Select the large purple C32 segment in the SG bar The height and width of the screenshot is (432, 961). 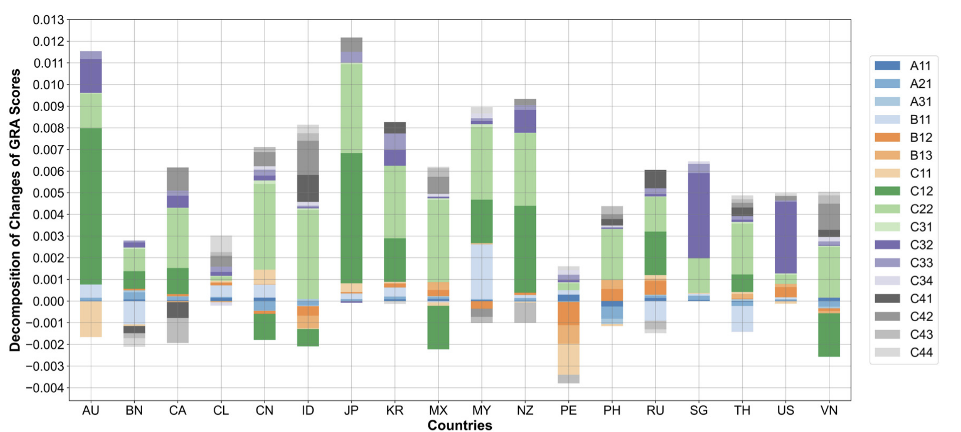[699, 216]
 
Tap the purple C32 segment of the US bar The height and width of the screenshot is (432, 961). [786, 237]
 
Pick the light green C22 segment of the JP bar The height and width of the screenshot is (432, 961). [351, 108]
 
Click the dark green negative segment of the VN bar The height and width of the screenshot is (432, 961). [829, 335]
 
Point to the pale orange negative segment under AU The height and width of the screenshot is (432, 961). [91, 319]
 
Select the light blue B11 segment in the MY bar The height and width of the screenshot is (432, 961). [482, 271]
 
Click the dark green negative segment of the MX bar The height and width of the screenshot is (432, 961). [438, 327]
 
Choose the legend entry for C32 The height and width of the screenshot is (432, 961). [921, 245]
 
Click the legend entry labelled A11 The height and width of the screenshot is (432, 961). [920, 66]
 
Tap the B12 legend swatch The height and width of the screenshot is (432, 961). [887, 137]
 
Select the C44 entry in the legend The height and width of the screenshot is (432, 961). [921, 352]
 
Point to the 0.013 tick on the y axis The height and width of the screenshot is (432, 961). [48, 20]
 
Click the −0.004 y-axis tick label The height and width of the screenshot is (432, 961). [45, 388]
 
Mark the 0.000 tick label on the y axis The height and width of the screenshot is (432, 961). [48, 301]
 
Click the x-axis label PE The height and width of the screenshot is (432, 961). [569, 411]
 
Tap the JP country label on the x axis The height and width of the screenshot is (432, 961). [351, 411]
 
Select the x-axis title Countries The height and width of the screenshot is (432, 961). [460, 425]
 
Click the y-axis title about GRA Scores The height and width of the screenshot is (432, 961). [15, 210]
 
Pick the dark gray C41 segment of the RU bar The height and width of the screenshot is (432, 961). [655, 179]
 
